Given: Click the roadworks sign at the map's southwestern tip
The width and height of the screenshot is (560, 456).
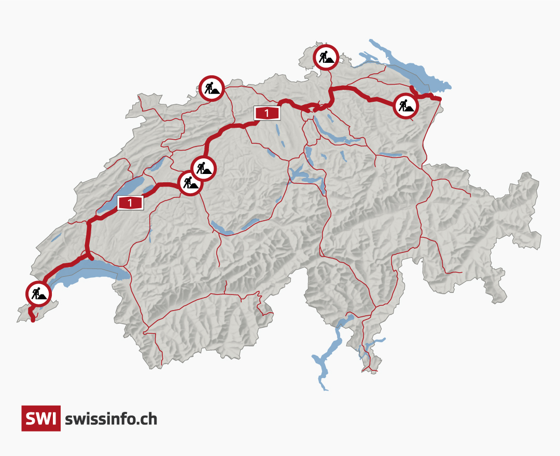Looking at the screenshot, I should pos(39,294).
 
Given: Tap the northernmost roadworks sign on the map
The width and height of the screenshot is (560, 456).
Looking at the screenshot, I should pos(326,57).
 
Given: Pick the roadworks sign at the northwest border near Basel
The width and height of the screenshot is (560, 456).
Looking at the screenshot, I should pos(212,88).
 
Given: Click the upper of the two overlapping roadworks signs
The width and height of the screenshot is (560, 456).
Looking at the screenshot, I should pos(204,168).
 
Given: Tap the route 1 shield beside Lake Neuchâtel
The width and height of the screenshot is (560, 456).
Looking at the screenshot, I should pos(130,203).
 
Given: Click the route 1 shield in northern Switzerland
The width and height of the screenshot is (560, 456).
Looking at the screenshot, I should pos(267,113).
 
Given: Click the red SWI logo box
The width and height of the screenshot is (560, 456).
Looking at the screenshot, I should pos(41,418).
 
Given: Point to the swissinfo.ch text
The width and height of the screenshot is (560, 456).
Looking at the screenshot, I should pos(111,419).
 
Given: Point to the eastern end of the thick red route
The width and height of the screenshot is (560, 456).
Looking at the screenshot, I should pos(439,99).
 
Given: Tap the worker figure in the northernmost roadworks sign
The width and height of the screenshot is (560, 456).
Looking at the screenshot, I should pos(324,56).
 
